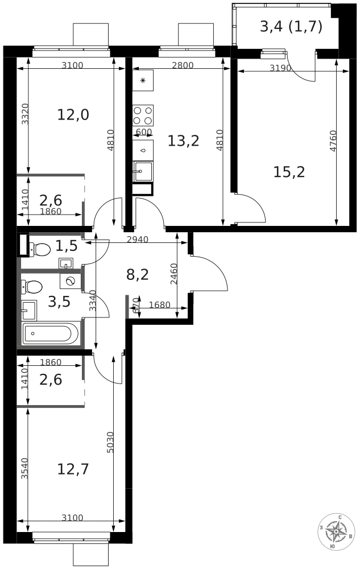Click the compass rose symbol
336,532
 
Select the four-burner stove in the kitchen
143,115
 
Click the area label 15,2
289,172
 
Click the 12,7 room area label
73,469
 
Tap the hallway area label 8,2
138,275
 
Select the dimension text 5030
110,442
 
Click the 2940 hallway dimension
138,239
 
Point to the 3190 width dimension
280,68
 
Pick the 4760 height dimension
333,141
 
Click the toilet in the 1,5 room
40,249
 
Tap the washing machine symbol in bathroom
71,281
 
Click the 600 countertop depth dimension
143,132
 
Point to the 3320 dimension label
24,114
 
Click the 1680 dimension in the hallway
159,304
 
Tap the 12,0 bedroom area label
73,115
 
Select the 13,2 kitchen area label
184,141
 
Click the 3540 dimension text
24,469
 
